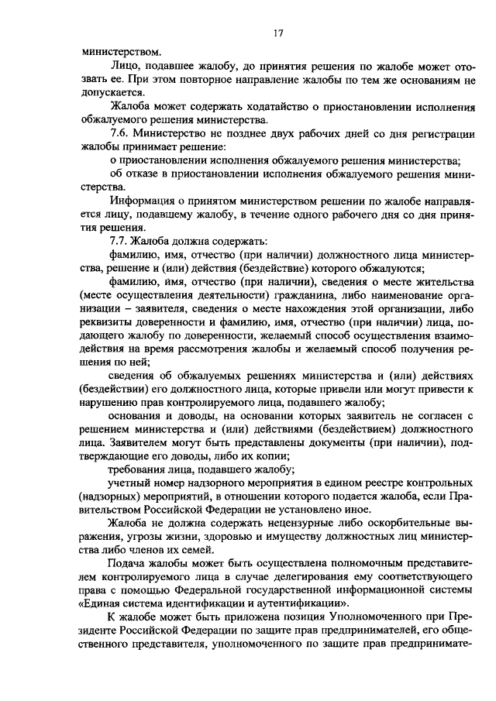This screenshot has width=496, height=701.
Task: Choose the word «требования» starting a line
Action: tap(137, 471)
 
